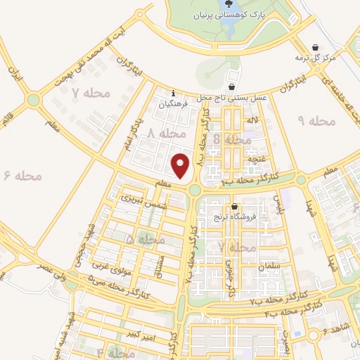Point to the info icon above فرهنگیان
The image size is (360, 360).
(174, 92)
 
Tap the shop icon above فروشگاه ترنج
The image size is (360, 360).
(233, 207)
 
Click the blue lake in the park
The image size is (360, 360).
(229, 25)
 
